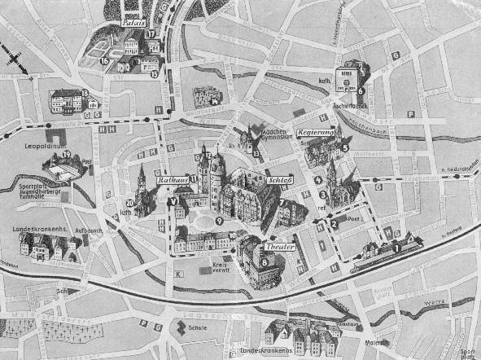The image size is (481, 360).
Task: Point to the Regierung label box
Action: [316, 131]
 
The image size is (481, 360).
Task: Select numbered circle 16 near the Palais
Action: [104, 60]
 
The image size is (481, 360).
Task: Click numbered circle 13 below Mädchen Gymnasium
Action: [256, 153]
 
